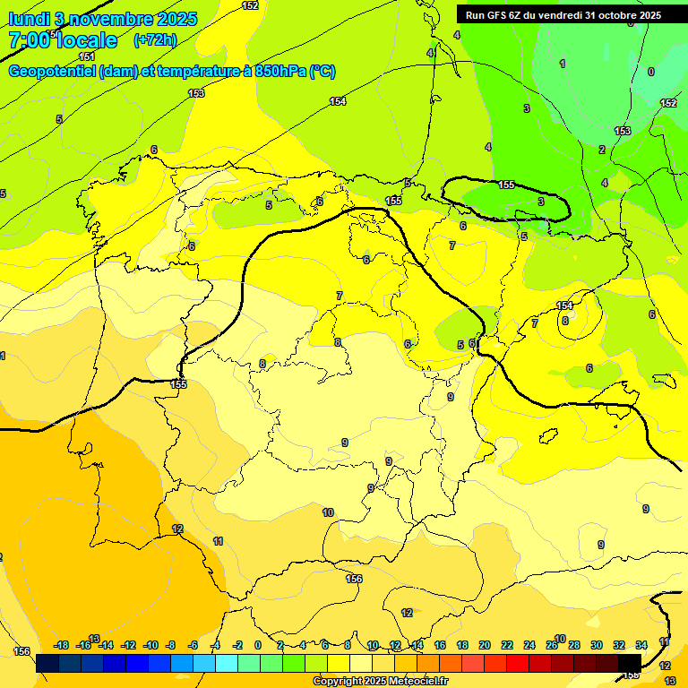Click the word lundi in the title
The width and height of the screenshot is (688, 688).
[x=28, y=18]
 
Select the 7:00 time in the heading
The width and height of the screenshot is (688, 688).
[x=29, y=40]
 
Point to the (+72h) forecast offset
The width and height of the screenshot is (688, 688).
[x=154, y=40]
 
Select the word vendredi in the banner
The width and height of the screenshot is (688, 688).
[x=563, y=15]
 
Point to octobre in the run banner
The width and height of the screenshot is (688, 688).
[x=619, y=15]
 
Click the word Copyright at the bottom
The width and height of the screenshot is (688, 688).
[x=338, y=682]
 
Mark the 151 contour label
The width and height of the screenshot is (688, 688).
[x=87, y=56]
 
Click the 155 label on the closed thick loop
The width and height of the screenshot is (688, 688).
[x=506, y=185]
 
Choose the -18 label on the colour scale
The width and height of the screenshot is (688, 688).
[x=61, y=645]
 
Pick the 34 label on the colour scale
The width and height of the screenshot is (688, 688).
[x=641, y=645]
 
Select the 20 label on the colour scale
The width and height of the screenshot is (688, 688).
[x=485, y=645]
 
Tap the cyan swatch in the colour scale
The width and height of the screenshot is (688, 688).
[x=227, y=663]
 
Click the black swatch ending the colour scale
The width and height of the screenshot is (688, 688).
[x=630, y=663]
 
